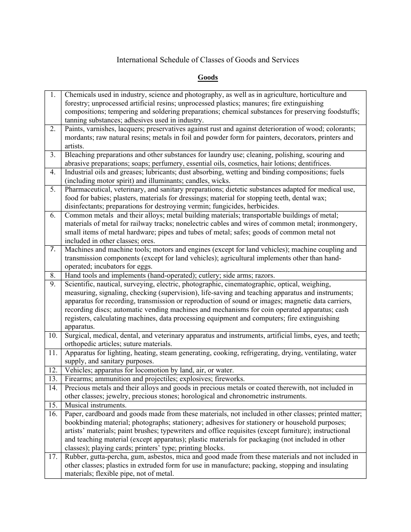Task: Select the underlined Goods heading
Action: [208, 78]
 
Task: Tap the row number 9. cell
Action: [53, 284]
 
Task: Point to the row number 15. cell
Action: [53, 405]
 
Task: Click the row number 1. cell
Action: [53, 95]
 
